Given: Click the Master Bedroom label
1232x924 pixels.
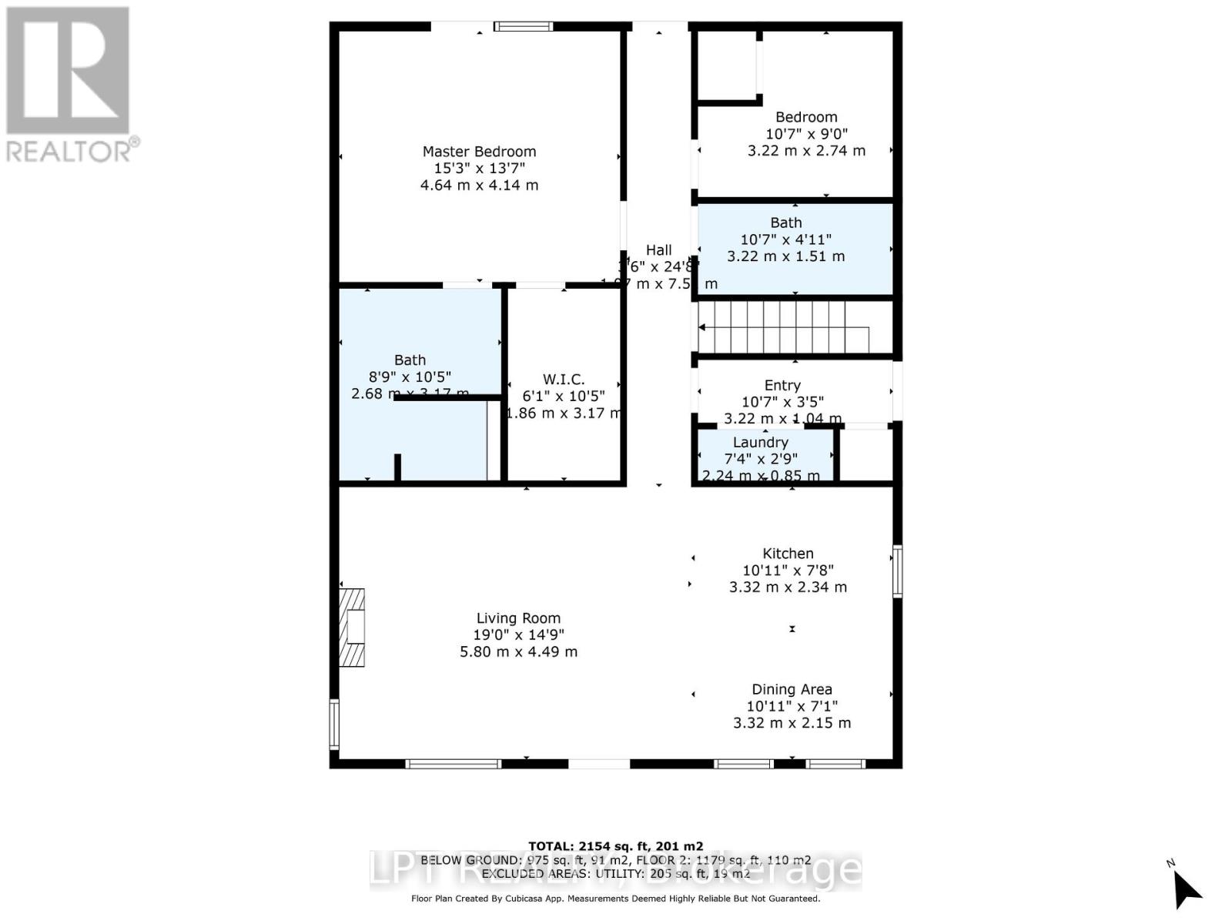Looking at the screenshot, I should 479,152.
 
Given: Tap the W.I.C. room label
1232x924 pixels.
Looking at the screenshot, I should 564,379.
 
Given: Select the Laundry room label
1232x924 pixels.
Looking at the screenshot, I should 760,442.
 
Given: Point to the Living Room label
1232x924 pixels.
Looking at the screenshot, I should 518,618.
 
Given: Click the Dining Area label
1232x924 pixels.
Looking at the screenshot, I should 792,689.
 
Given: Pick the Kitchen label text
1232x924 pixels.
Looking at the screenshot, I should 788,553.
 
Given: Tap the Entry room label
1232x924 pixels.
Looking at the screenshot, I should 782,385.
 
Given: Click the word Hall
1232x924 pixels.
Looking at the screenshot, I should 658,249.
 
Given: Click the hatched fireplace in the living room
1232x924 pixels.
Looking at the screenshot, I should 353,627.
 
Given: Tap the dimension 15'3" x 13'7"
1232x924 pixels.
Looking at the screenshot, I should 479,168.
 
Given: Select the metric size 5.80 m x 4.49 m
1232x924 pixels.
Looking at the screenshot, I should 518,651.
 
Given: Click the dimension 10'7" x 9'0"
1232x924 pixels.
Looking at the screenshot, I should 806,133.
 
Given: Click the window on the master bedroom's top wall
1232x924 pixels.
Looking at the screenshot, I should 524,27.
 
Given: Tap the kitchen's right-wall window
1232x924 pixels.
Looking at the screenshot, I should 897,571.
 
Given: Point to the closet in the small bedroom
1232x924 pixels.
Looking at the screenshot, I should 727,66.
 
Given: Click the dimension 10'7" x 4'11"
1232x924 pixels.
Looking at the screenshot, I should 785,239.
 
